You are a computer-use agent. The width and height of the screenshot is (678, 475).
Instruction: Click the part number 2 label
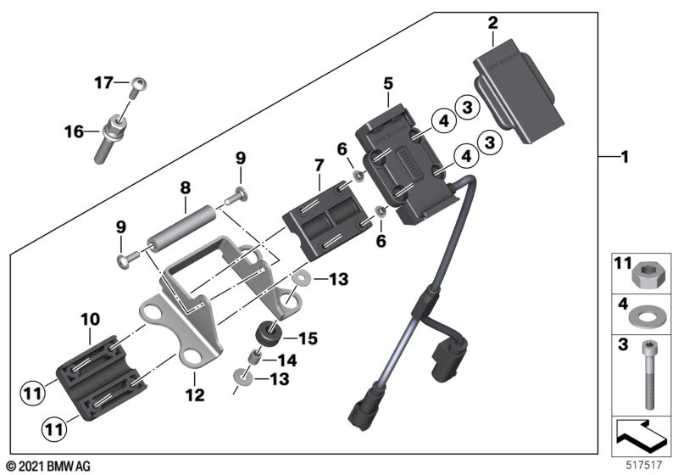coord(492,24)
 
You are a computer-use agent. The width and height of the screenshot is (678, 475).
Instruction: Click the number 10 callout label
coord(91,319)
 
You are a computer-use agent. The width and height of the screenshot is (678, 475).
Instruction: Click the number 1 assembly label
coord(625,157)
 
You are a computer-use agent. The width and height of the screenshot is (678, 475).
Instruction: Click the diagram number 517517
coord(643,464)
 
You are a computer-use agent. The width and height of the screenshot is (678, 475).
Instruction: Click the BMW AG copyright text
coord(47,466)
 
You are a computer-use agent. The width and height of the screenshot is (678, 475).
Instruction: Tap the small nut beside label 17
coord(140,83)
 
